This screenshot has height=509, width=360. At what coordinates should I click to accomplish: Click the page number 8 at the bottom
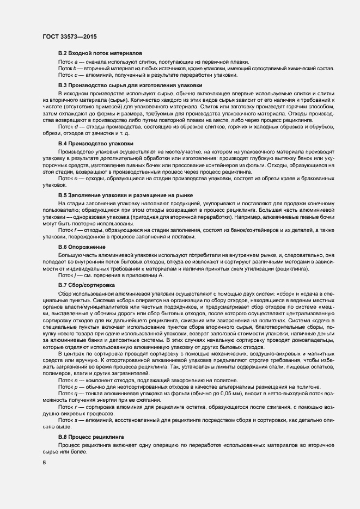(44, 463)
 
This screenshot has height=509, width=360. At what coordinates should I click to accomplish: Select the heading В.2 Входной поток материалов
(100, 54)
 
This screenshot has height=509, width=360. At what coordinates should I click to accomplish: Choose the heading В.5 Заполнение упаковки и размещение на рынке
(125, 195)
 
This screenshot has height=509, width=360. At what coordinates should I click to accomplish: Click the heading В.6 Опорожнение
(82, 247)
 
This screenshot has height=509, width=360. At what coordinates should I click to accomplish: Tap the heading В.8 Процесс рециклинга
(91, 437)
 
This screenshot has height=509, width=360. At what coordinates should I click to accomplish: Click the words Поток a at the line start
(68, 62)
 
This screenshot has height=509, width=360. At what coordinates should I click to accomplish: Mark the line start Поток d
(68, 127)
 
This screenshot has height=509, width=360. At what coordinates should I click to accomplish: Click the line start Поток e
(68, 178)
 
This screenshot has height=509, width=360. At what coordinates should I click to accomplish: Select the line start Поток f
(67, 230)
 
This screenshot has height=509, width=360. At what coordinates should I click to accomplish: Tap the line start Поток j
(67, 275)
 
